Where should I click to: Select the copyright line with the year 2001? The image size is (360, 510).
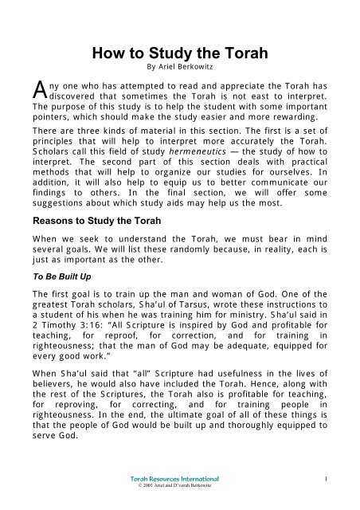click(179, 489)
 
